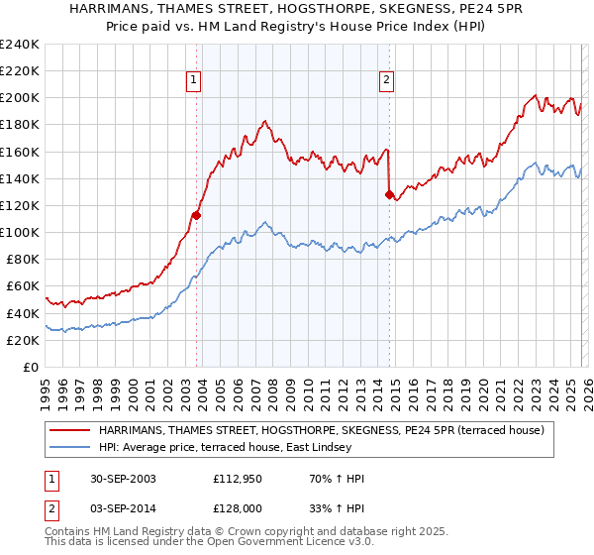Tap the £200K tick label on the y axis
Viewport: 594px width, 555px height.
pyautogui.click(x=19, y=98)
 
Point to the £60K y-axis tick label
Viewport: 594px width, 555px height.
pyautogui.click(x=22, y=286)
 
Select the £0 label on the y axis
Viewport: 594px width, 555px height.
pyautogui.click(x=31, y=367)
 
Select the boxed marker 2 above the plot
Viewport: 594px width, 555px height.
pyautogui.click(x=386, y=81)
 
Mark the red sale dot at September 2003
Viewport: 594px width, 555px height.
pyautogui.click(x=197, y=214)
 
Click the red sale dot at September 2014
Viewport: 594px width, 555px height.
pyautogui.click(x=389, y=194)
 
